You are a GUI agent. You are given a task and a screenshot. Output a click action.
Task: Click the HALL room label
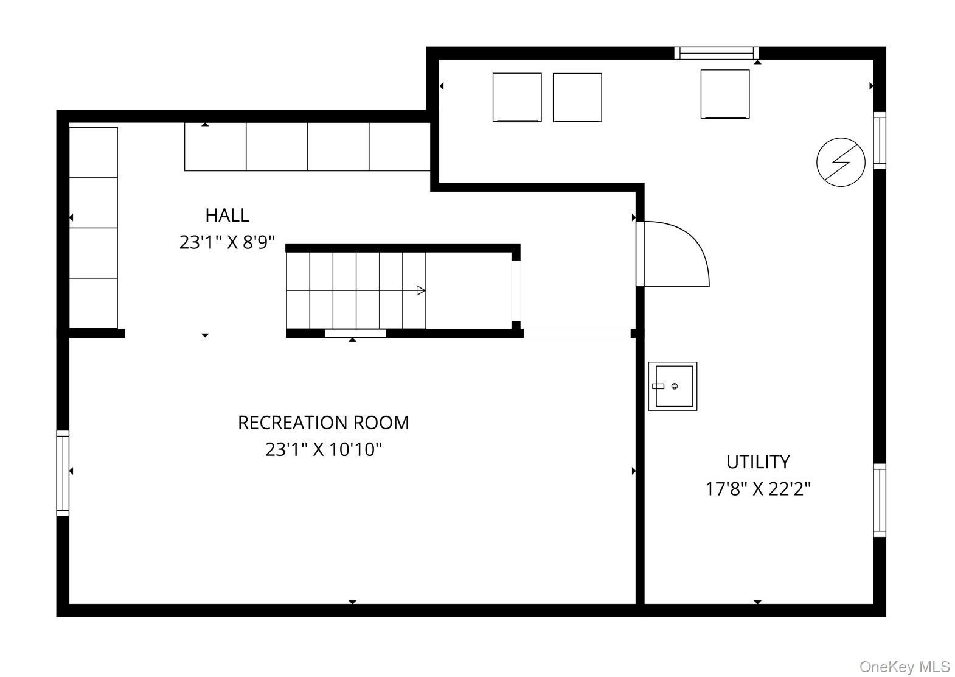pyautogui.click(x=227, y=216)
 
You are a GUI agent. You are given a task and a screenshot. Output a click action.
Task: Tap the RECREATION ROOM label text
pyautogui.click(x=323, y=423)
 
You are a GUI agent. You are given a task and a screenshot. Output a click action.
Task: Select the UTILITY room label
pyautogui.click(x=758, y=462)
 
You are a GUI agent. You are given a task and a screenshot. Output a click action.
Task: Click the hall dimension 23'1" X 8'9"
pyautogui.click(x=227, y=242)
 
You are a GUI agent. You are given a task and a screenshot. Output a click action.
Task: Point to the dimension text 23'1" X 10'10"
pyautogui.click(x=323, y=449)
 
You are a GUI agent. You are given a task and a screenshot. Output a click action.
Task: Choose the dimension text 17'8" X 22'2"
pyautogui.click(x=758, y=489)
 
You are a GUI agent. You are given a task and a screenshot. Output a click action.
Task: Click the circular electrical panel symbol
pyautogui.click(x=841, y=162)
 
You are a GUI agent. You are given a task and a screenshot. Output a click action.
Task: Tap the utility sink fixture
pyautogui.click(x=673, y=387)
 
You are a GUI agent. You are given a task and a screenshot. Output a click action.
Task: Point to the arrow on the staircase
pyautogui.click(x=420, y=290)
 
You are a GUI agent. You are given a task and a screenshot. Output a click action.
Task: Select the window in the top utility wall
pyautogui.click(x=717, y=54)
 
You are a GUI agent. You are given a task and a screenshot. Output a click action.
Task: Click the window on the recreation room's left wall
pyautogui.click(x=63, y=473)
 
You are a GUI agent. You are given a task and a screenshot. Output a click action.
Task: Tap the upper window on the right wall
pyautogui.click(x=880, y=141)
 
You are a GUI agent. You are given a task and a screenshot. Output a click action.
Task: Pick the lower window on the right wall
pyautogui.click(x=880, y=500)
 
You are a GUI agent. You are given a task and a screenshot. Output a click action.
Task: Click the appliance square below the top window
pyautogui.click(x=725, y=94)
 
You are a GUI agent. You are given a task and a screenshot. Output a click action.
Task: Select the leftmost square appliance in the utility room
pyautogui.click(x=517, y=97)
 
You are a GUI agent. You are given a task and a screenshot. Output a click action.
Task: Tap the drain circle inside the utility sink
pyautogui.click(x=675, y=386)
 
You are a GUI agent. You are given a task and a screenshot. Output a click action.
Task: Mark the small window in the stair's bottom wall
pyautogui.click(x=356, y=334)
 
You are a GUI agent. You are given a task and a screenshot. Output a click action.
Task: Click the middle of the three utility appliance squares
pyautogui.click(x=578, y=97)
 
